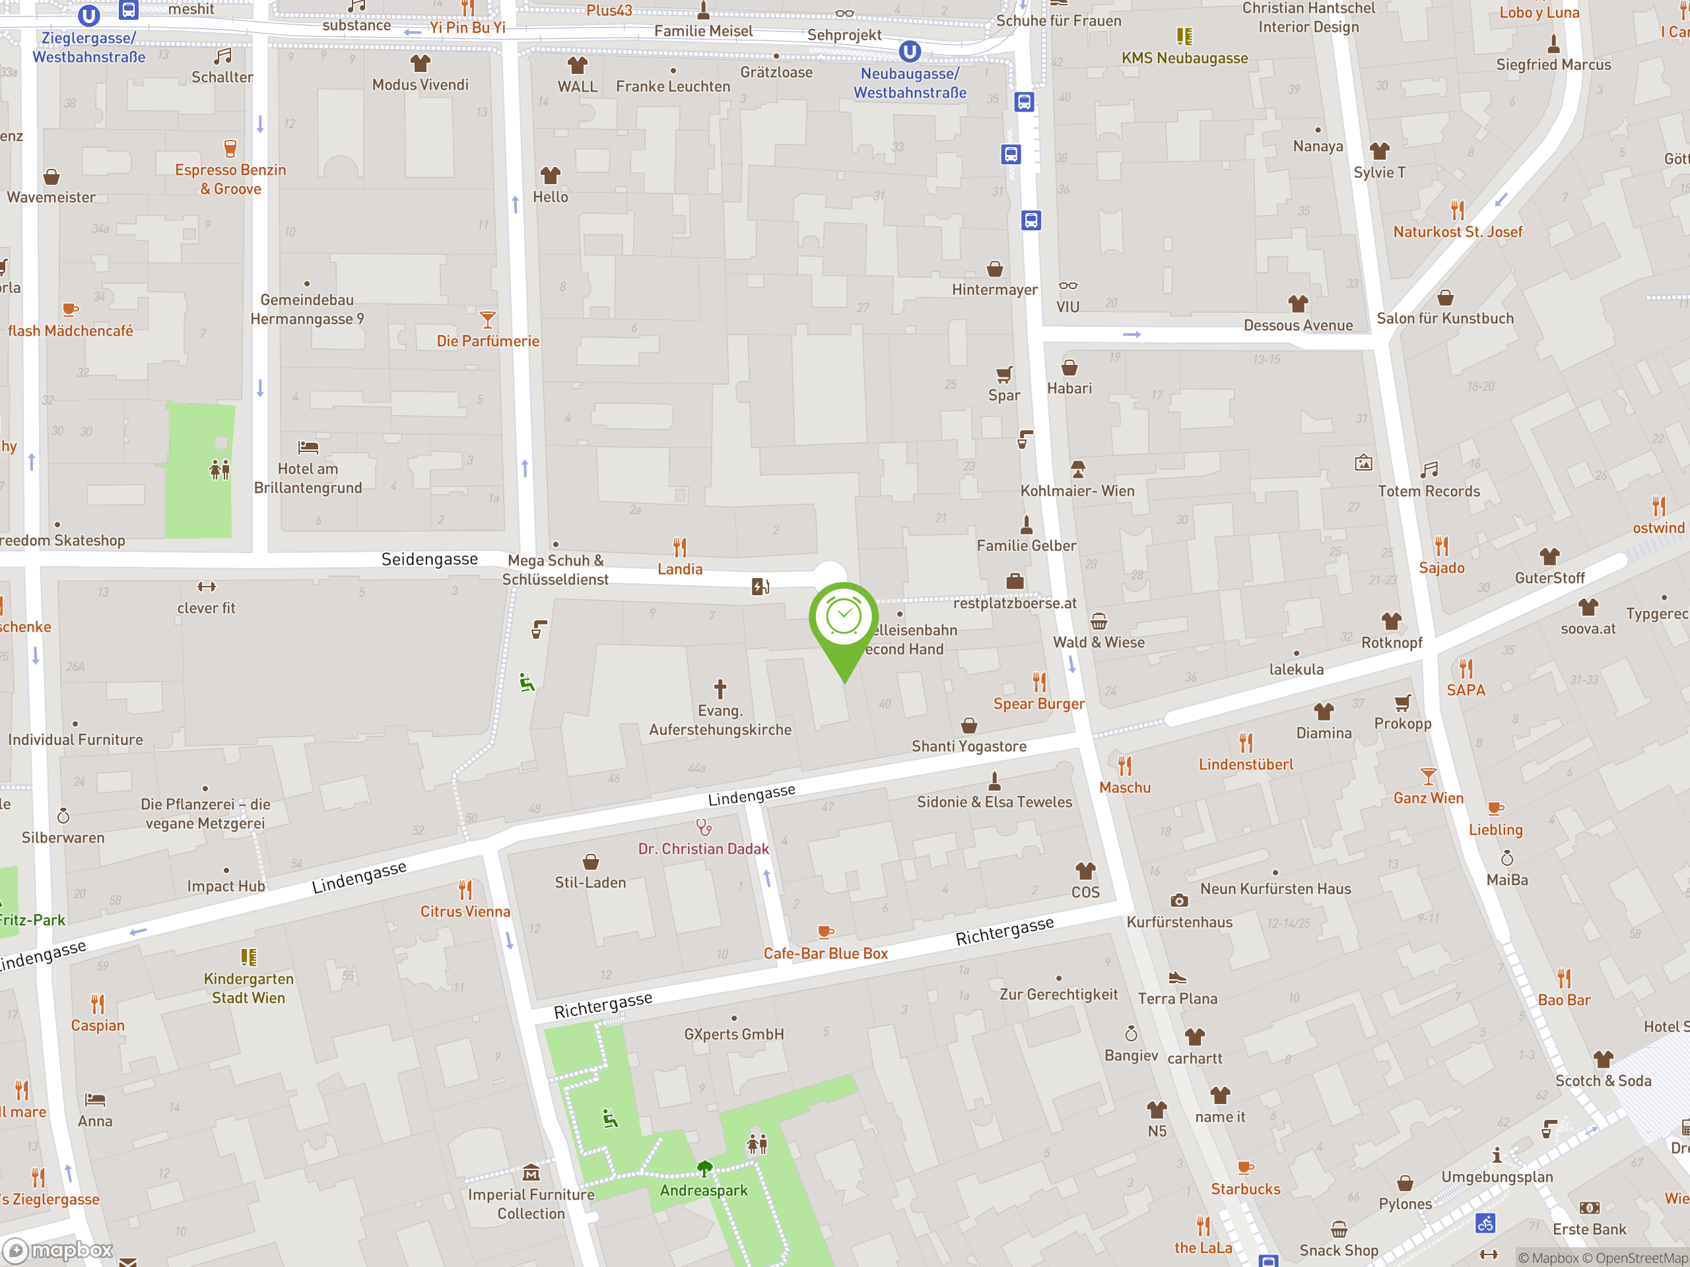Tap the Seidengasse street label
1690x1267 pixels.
pos(429,559)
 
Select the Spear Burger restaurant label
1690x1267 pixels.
pos(1038,703)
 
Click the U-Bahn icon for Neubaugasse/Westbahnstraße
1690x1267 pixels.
pos(909,52)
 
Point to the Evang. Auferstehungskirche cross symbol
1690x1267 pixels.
pos(720,688)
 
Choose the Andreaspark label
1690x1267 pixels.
pos(704,1190)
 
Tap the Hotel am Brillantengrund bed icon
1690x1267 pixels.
pos(308,447)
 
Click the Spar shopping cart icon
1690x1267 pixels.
pos(1004,374)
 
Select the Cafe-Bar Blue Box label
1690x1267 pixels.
pos(825,953)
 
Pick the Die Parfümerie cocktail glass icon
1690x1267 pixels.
pos(487,319)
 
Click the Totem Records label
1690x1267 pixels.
pos(1429,491)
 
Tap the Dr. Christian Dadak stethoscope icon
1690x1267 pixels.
pos(704,827)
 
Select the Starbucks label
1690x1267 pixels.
pos(1245,1188)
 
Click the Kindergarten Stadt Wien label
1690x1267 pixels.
pos(248,989)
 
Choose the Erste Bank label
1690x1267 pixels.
pos(1589,1229)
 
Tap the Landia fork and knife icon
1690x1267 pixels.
pos(680,547)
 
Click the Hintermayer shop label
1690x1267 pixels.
pos(994,290)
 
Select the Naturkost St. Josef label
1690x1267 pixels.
pos(1458,232)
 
